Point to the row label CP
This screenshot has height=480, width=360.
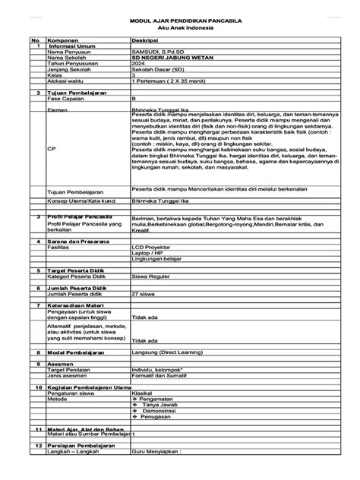coord(52,149)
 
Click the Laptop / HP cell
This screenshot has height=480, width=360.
coord(148,254)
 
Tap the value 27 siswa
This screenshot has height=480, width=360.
coord(143,293)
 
